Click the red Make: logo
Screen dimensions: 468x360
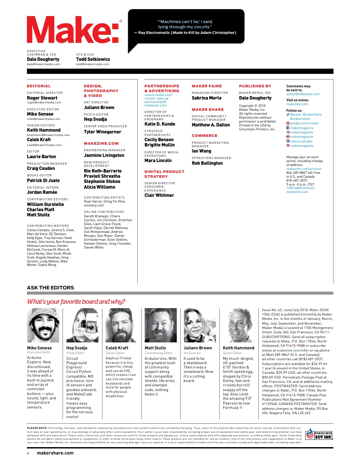74,33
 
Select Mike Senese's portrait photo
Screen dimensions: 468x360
43,326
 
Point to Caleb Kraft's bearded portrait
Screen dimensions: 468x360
121,326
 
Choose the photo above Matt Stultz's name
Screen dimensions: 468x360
160,326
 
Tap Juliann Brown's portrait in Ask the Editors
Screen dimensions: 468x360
199,326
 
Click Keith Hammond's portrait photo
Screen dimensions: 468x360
238,326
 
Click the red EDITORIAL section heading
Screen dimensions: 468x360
39,86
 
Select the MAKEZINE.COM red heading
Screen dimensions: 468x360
101,143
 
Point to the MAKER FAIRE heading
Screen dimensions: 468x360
207,86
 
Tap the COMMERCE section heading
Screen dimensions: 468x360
205,136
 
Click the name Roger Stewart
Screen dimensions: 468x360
42,98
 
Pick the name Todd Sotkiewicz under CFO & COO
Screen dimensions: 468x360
93,59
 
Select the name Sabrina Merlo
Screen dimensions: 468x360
207,98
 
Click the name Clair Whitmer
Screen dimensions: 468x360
159,196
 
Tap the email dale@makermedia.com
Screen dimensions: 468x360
43,64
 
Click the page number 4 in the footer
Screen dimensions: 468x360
28,453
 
